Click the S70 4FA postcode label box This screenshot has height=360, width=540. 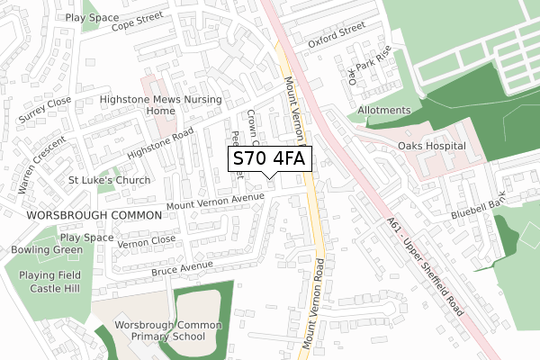269,159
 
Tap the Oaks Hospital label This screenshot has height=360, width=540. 431,146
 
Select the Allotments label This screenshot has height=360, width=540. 383,111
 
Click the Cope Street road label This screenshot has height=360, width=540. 137,20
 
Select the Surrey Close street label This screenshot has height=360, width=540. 44,111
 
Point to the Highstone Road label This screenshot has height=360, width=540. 161,143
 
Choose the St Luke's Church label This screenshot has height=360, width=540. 89,180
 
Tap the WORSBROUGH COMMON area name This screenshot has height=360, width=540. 80,216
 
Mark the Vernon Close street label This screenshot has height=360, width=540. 147,241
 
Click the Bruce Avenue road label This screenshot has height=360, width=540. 182,268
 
